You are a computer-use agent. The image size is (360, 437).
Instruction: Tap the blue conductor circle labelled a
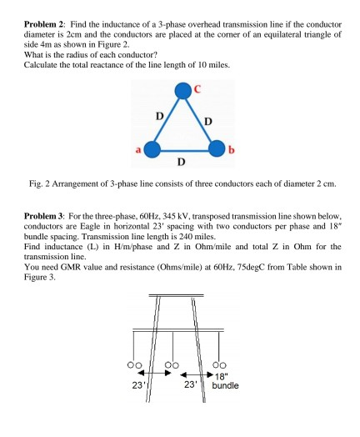[151, 149]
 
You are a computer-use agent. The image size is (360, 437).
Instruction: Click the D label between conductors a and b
[183, 160]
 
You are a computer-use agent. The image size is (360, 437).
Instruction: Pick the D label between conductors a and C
[156, 115]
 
